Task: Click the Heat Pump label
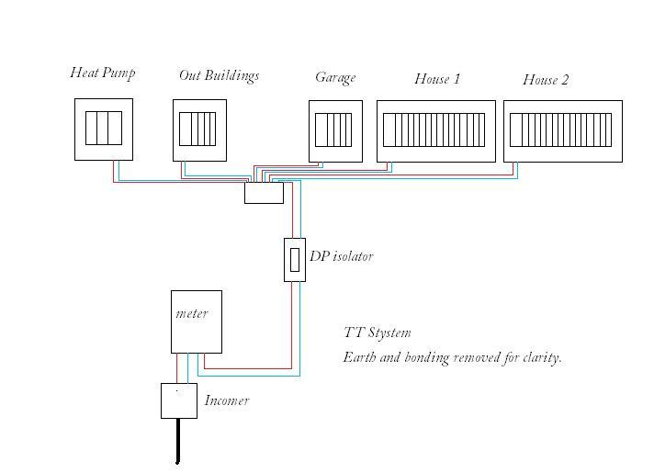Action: point(103,73)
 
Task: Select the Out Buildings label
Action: point(219,75)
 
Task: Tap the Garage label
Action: point(335,78)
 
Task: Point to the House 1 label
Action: point(437,79)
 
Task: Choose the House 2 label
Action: point(546,80)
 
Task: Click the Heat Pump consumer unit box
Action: point(104,129)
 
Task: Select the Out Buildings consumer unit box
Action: point(199,130)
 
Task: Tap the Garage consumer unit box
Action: point(335,130)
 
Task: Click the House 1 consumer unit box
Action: point(435,130)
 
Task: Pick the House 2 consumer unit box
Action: point(562,130)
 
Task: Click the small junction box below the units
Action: point(264,193)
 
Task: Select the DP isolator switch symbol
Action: point(294,260)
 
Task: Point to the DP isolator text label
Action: point(341,257)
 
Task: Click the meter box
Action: point(196,321)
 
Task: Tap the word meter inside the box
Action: point(192,313)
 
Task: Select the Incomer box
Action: point(178,400)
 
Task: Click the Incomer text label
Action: point(226,400)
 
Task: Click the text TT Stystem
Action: point(377,332)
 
